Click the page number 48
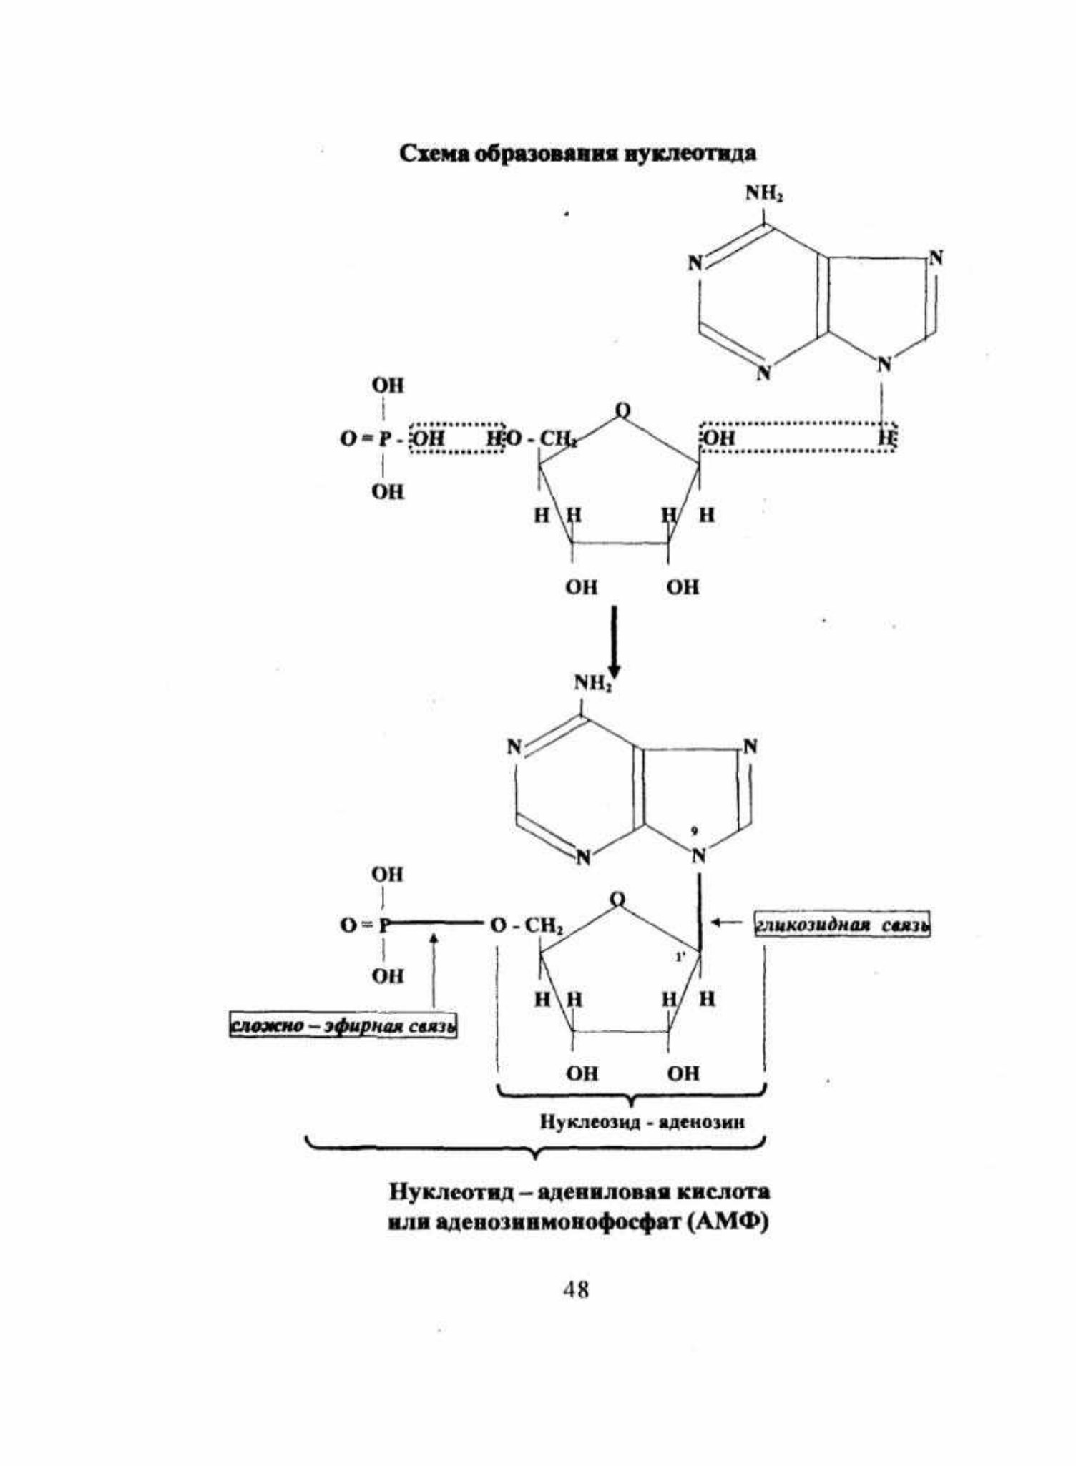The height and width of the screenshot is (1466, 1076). coord(576,1290)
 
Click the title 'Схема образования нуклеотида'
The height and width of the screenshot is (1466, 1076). coord(577,153)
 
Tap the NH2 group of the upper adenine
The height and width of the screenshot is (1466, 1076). coord(764,193)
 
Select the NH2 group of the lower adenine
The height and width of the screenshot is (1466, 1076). coord(593,683)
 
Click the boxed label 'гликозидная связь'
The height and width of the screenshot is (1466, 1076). coord(843,925)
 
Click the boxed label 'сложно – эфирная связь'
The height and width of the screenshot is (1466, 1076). coord(343,1026)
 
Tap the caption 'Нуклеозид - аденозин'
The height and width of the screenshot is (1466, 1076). coord(642,1122)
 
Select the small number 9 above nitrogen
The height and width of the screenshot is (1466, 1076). coord(694,830)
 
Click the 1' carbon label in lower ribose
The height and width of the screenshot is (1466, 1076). coord(680,956)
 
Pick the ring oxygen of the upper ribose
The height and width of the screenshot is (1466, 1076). coord(622,410)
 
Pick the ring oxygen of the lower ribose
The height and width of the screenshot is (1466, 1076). coord(617,899)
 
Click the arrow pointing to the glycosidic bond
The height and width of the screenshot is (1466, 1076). coord(727,923)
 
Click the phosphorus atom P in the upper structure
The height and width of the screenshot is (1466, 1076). coord(383,438)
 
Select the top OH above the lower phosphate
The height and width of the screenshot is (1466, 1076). coord(387,874)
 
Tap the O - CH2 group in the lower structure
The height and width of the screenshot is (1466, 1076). coord(527,926)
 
